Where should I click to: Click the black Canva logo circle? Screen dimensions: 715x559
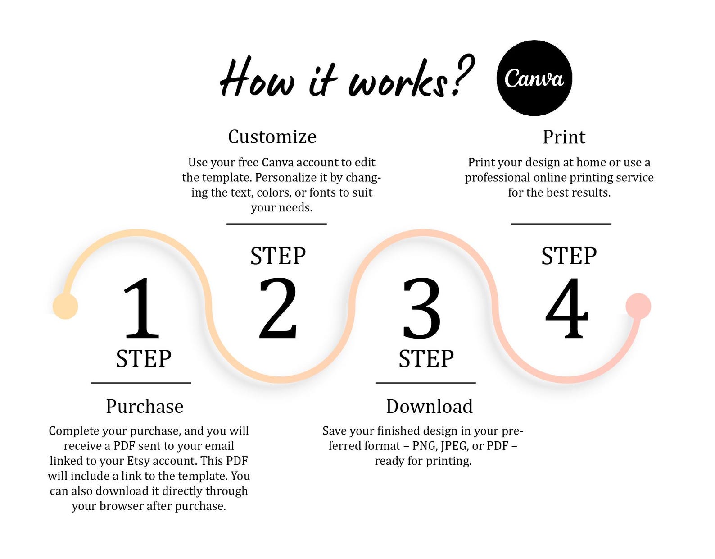pyautogui.click(x=534, y=78)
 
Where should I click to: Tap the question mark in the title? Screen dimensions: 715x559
pyautogui.click(x=463, y=75)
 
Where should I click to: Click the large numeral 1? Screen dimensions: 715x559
pyautogui.click(x=142, y=308)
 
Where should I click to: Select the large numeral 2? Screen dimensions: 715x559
pyautogui.click(x=278, y=308)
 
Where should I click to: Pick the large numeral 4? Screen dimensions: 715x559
pyautogui.click(x=566, y=308)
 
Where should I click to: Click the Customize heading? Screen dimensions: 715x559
pyautogui.click(x=272, y=137)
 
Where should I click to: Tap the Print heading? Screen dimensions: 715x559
pyautogui.click(x=564, y=137)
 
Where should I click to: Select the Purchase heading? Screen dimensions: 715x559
pyautogui.click(x=145, y=406)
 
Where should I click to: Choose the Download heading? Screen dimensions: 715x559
pyautogui.click(x=429, y=406)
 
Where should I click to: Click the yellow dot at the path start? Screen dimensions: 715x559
pyautogui.click(x=65, y=307)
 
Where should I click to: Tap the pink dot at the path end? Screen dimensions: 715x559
pyautogui.click(x=638, y=306)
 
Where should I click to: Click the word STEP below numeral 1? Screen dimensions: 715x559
pyautogui.click(x=144, y=358)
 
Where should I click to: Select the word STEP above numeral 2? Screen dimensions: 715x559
pyautogui.click(x=278, y=256)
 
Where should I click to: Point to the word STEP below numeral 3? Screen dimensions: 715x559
pyautogui.click(x=426, y=358)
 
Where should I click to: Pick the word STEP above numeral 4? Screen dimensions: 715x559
pyautogui.click(x=569, y=256)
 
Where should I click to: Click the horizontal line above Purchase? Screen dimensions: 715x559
pyautogui.click(x=141, y=383)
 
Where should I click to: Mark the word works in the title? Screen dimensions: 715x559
pyautogui.click(x=398, y=78)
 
